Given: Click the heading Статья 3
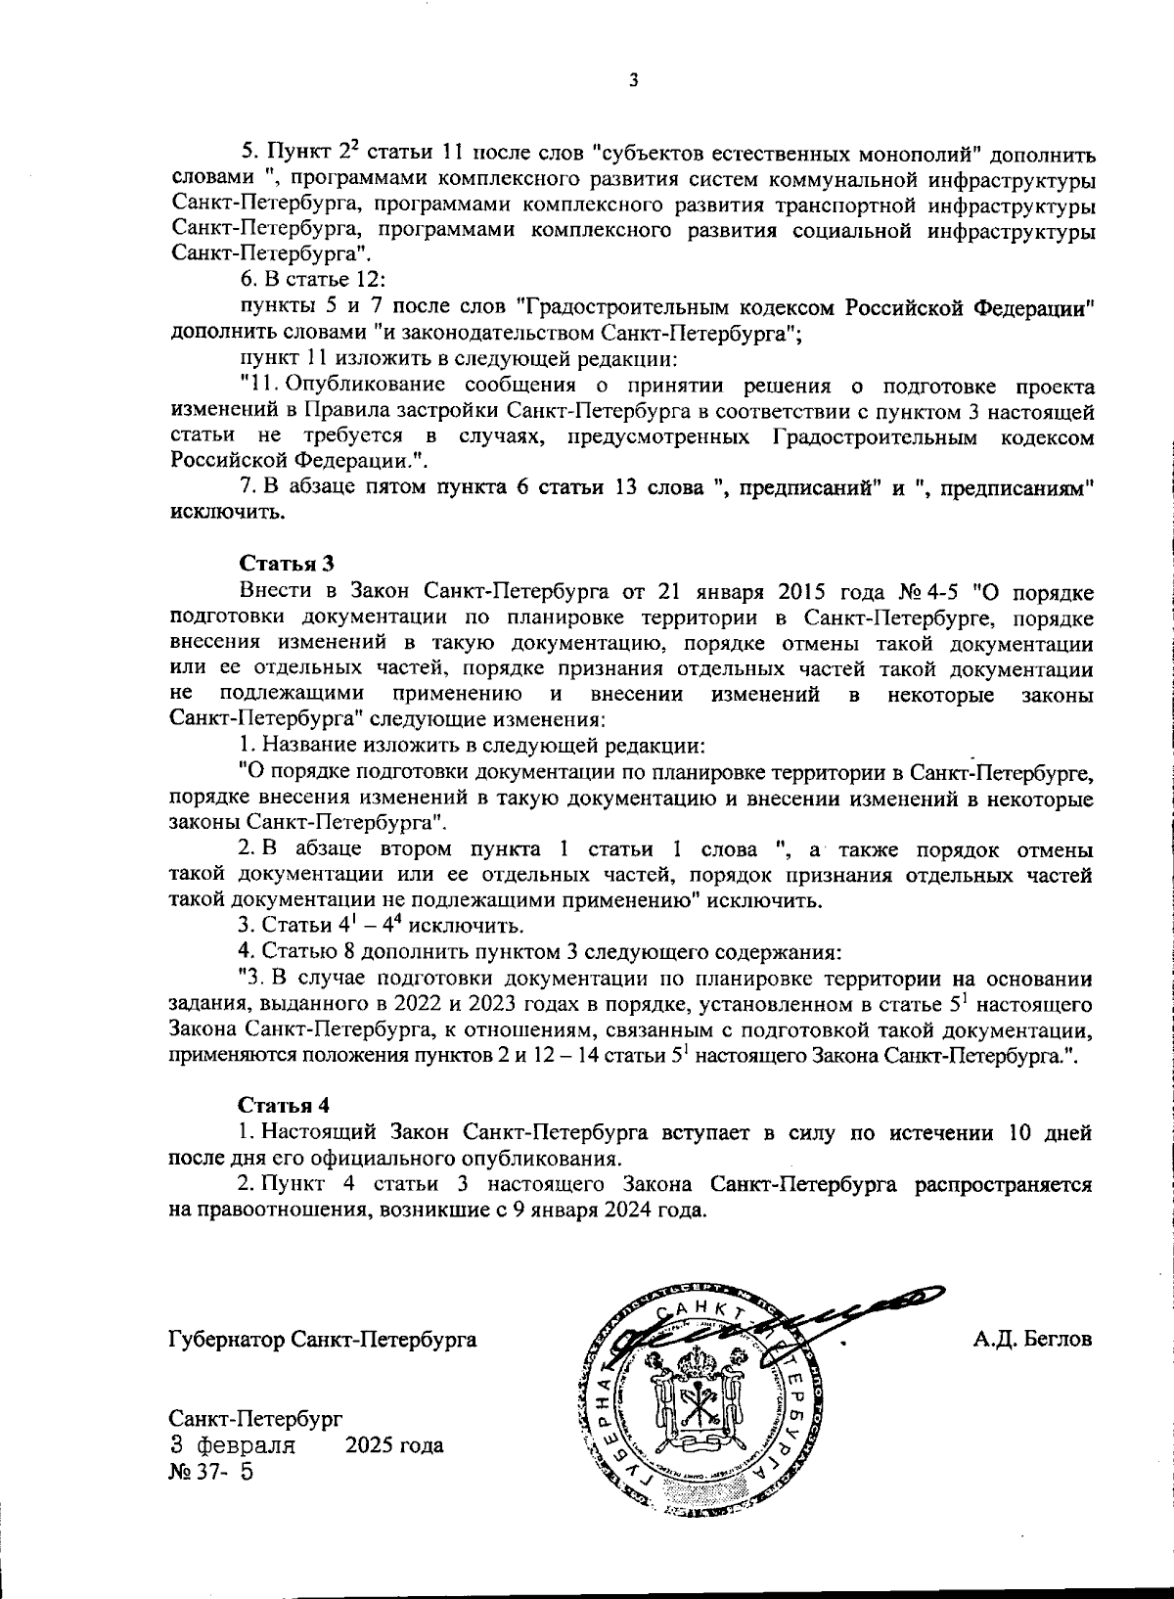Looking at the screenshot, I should [287, 565].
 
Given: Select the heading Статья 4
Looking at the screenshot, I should [284, 1105].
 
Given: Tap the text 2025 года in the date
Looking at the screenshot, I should [394, 1445].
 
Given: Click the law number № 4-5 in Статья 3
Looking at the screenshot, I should [928, 593].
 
